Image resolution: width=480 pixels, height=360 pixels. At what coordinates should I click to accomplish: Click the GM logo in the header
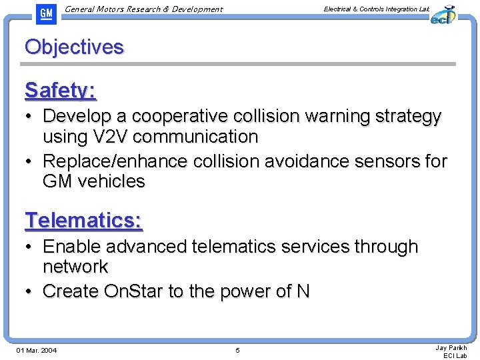click(45, 13)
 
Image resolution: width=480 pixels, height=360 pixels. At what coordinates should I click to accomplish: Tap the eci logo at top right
click(442, 14)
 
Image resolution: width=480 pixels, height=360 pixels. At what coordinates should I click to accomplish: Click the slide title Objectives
click(74, 47)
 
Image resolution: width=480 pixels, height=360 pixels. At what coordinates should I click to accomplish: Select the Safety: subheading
click(60, 90)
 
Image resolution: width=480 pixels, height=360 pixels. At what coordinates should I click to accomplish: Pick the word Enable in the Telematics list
click(73, 247)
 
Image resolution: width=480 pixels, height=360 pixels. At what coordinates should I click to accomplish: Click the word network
click(75, 267)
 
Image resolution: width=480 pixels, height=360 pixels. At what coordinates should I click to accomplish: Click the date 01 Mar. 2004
click(37, 351)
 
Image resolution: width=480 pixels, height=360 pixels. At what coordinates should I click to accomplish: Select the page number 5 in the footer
click(237, 351)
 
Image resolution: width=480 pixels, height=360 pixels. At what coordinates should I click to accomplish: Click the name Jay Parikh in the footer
click(451, 347)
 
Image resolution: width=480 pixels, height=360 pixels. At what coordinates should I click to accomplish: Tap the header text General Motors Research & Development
click(144, 9)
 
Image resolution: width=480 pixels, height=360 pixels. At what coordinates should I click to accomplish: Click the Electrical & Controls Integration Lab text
click(376, 9)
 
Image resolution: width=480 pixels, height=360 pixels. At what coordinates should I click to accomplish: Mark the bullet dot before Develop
click(31, 117)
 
